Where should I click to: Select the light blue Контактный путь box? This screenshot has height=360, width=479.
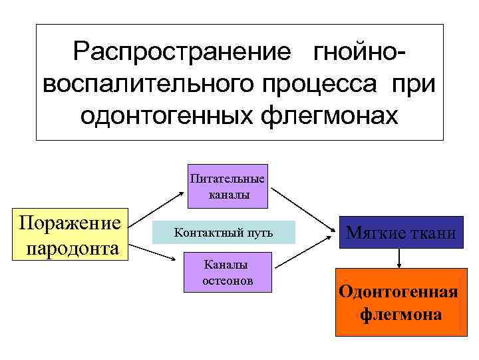click(223, 232)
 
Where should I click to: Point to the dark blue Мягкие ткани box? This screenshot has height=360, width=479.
click(400, 233)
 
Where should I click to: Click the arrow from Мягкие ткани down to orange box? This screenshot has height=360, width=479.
click(399, 258)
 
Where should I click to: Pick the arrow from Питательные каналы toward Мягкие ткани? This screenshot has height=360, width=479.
click(303, 210)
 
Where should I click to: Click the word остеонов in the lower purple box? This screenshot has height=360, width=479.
click(228, 281)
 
